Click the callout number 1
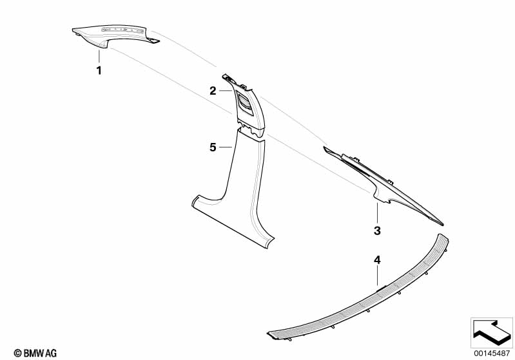click(99, 71)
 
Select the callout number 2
click(213, 91)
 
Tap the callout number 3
click(377, 231)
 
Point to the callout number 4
click(377, 260)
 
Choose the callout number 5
click(213, 147)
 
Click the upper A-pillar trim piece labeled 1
click(112, 35)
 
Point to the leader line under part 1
click(99, 57)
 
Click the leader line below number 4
click(377, 276)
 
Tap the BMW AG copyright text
click(35, 354)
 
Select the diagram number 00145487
click(492, 354)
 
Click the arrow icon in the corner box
click(492, 332)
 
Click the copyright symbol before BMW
click(18, 354)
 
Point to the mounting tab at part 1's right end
click(153, 41)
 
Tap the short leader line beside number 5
click(226, 147)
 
